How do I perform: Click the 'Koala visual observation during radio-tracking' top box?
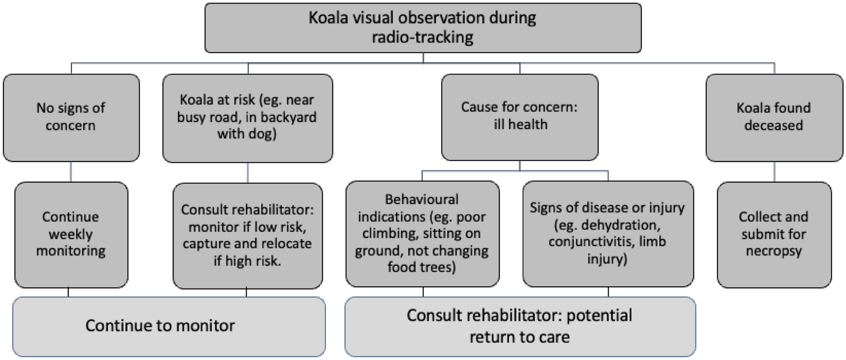(423, 28)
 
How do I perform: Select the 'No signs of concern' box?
(71, 118)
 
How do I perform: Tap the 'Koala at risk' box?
(248, 118)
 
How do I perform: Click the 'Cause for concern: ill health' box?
(520, 117)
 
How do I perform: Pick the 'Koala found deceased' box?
(774, 118)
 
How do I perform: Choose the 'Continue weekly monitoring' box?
(71, 234)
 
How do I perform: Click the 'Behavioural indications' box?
(422, 234)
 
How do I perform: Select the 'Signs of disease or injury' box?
(608, 234)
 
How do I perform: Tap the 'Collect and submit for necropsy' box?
(774, 234)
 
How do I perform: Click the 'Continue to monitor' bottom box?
(169, 326)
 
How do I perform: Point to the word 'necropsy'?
(774, 251)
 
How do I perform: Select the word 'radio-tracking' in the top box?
(423, 38)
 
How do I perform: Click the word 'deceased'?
(774, 126)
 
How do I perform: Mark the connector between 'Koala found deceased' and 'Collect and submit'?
(774, 172)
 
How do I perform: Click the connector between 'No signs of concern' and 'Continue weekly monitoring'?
(71, 172)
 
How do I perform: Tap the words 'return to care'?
(520, 337)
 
